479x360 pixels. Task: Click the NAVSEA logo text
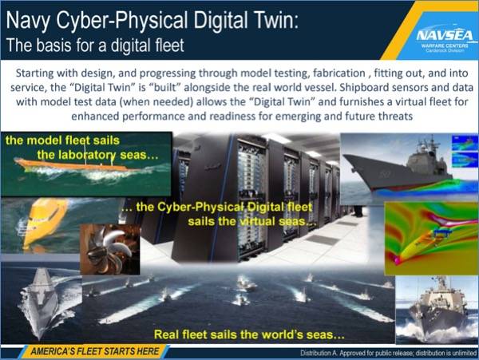coord(445,36)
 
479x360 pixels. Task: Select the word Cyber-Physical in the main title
coord(122,22)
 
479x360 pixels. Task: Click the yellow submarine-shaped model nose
coord(43,220)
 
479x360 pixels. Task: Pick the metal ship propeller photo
coord(110,249)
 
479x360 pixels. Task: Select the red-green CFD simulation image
coord(431,238)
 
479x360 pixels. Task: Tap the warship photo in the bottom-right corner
coord(437,310)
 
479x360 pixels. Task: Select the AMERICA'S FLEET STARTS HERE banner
coord(94,351)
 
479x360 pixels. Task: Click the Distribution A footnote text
coord(388,354)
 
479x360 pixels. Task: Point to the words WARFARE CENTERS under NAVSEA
coord(445,45)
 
